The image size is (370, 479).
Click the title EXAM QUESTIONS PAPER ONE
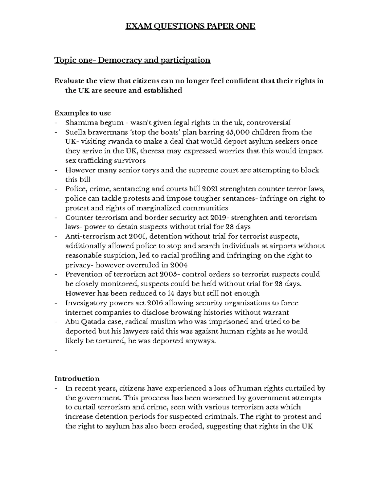click(x=190, y=26)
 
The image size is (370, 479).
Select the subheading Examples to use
click(x=82, y=113)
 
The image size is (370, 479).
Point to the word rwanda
click(x=117, y=142)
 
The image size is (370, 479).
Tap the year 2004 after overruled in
click(x=178, y=265)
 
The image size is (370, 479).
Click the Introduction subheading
click(x=77, y=378)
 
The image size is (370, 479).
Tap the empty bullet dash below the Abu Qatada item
click(x=56, y=351)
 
